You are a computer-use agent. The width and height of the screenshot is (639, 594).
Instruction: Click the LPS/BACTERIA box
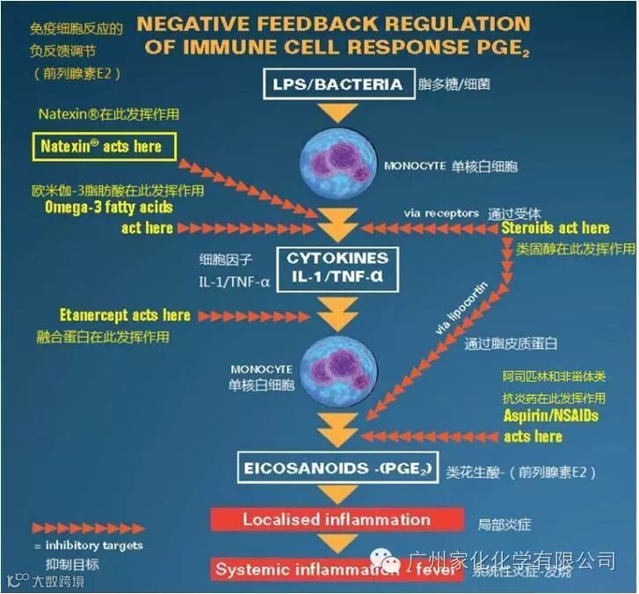[x=338, y=84]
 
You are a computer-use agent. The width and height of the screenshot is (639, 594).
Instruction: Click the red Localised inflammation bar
[x=338, y=519]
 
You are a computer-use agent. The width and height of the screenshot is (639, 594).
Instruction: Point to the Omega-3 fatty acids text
[x=109, y=208]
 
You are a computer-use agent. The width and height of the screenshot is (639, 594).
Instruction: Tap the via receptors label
[x=441, y=212]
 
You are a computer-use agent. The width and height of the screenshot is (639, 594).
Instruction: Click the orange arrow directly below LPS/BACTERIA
[x=338, y=113]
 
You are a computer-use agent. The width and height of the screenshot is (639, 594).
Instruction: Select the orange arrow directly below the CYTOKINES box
[x=338, y=310]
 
